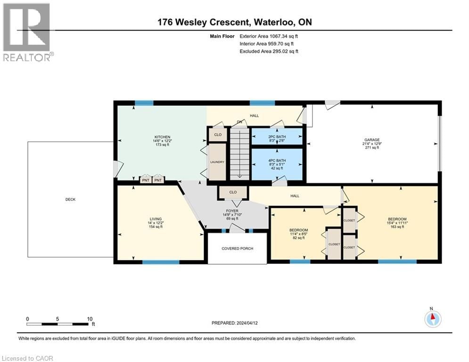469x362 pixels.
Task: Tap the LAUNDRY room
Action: tap(218, 162)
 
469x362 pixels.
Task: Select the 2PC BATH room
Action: tap(276, 137)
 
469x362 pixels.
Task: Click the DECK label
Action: tap(70, 199)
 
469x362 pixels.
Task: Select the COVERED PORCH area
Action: tap(237, 248)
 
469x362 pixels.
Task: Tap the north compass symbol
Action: tap(432, 319)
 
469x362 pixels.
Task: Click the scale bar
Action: tap(59, 324)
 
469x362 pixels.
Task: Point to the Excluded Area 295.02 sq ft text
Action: tap(269, 51)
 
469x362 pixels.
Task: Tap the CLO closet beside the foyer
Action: tap(232, 192)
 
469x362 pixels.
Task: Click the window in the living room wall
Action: tap(154, 262)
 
